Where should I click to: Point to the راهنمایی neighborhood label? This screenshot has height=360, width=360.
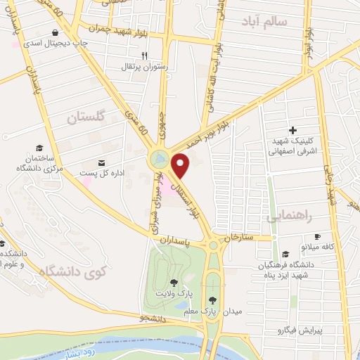[x=288, y=217]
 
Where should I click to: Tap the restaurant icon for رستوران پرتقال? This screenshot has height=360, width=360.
[x=143, y=56]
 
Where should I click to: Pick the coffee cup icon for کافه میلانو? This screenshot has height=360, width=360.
[x=317, y=236]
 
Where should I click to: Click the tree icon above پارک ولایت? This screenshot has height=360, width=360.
[x=174, y=282]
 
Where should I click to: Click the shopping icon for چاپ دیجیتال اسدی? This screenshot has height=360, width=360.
[x=56, y=32]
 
